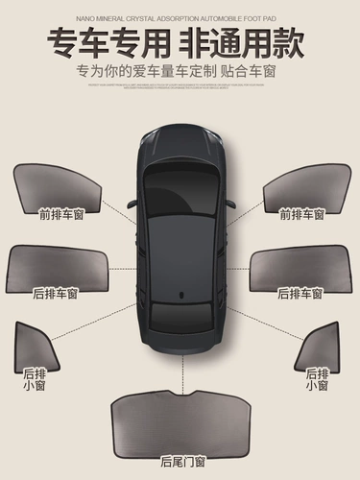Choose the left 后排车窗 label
coord(56,293)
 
